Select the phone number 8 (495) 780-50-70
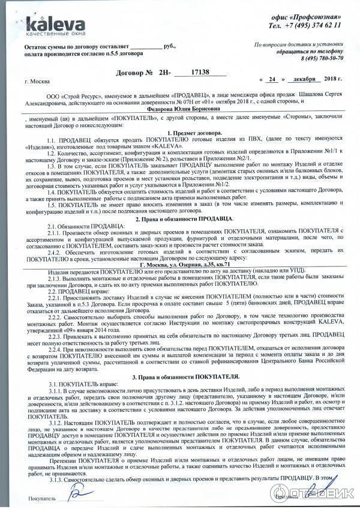(x=321, y=58)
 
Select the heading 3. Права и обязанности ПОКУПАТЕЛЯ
(x=189, y=376)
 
